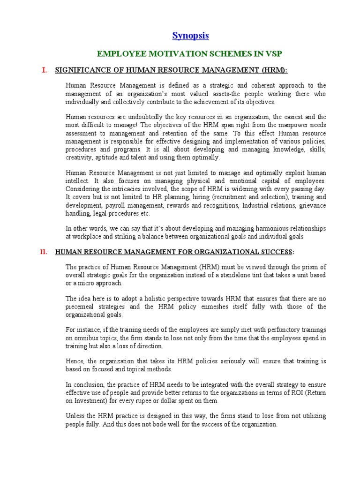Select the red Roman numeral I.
[45, 70]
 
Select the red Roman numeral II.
[44, 252]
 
